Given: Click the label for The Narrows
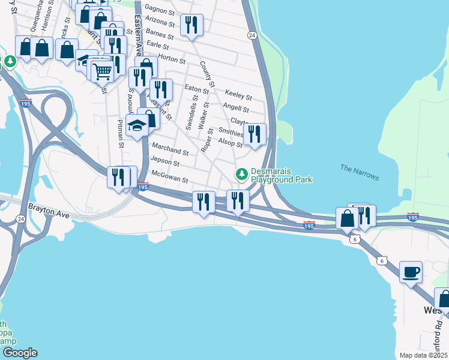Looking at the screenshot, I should click(360, 172).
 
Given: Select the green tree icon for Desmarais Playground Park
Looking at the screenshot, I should click(242, 174).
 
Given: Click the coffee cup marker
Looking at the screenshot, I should click(411, 273).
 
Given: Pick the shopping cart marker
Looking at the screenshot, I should click(103, 71).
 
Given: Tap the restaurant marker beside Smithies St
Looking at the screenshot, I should click(255, 134).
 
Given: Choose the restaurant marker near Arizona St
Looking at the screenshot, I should click(191, 26).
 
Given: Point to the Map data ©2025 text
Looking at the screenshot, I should click(423, 355).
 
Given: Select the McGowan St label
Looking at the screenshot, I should click(170, 179).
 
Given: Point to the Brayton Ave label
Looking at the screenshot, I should click(49, 212).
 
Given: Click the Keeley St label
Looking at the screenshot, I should click(238, 95).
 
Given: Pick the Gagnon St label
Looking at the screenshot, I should click(159, 10).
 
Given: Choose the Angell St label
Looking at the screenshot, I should click(235, 109).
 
